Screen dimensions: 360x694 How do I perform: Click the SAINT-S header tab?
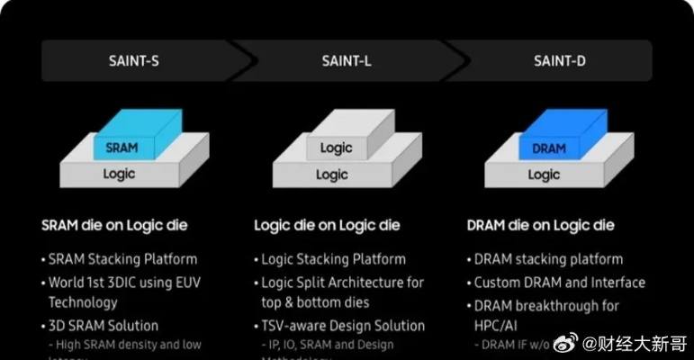(x=134, y=61)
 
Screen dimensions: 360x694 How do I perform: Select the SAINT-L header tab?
(x=348, y=61)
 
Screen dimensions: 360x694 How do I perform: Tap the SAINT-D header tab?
(x=561, y=61)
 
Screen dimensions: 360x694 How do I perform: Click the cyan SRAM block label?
(x=122, y=148)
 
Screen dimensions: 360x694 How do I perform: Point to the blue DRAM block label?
(x=548, y=148)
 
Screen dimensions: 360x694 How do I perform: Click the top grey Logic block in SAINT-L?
(x=336, y=148)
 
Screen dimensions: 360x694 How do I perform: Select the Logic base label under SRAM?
(x=120, y=174)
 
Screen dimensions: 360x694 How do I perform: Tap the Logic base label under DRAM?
(x=544, y=175)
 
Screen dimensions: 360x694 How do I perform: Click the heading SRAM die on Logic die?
(x=114, y=225)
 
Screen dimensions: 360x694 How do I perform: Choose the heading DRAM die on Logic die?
(x=541, y=225)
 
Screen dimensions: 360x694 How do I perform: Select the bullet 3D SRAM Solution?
(x=104, y=326)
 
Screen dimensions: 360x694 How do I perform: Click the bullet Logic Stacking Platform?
(x=333, y=259)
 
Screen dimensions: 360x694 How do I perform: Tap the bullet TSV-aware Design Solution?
(x=343, y=326)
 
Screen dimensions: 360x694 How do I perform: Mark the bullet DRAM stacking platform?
(x=548, y=259)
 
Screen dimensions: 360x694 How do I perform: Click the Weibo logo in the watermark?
(x=564, y=343)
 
